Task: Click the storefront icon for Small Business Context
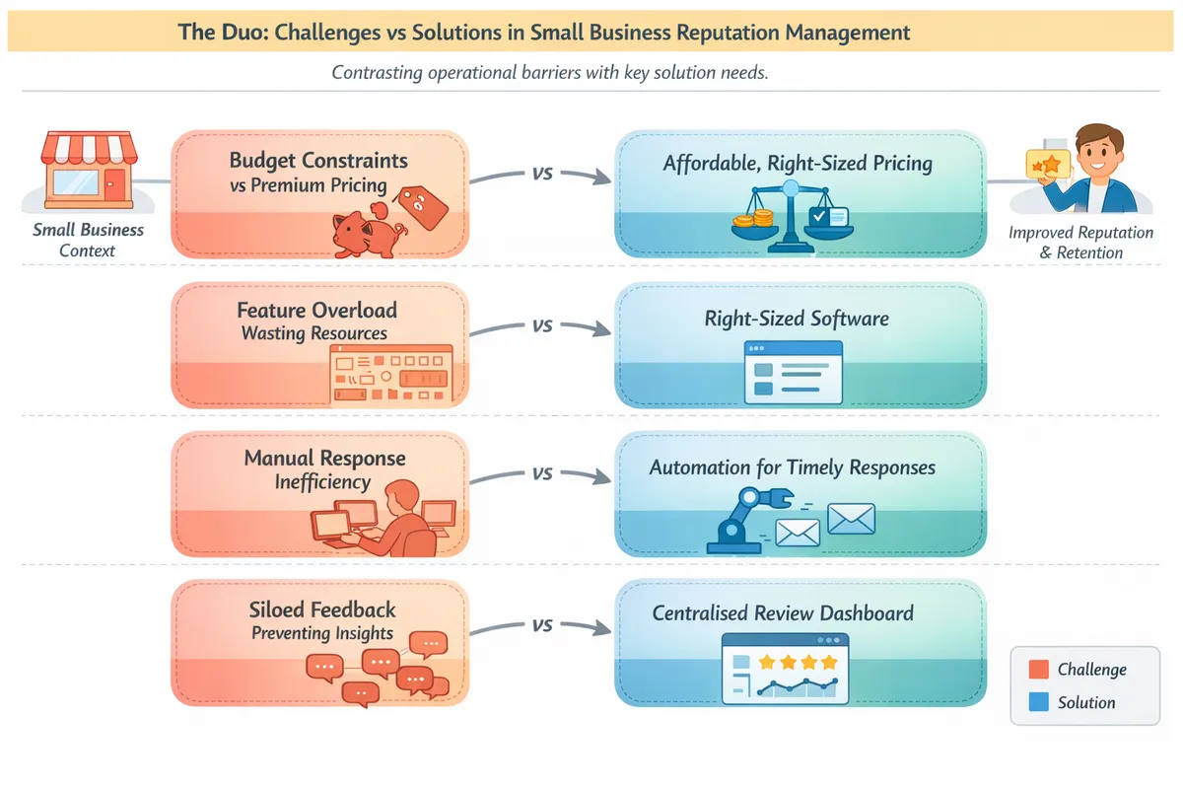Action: coord(88,172)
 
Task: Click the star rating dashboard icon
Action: coord(785,668)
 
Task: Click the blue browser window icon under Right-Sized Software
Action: coord(794,372)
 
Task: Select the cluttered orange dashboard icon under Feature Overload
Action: coord(388,374)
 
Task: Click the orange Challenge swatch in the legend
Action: coord(1037,670)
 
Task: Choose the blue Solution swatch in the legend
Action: coord(1037,703)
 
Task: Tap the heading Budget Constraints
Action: coord(318,160)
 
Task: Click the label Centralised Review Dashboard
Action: coord(783,613)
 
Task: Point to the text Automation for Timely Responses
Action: coord(792,467)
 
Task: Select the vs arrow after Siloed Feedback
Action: coord(541,624)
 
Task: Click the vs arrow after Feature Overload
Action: coord(541,326)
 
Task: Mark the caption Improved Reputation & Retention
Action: coord(1080,243)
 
